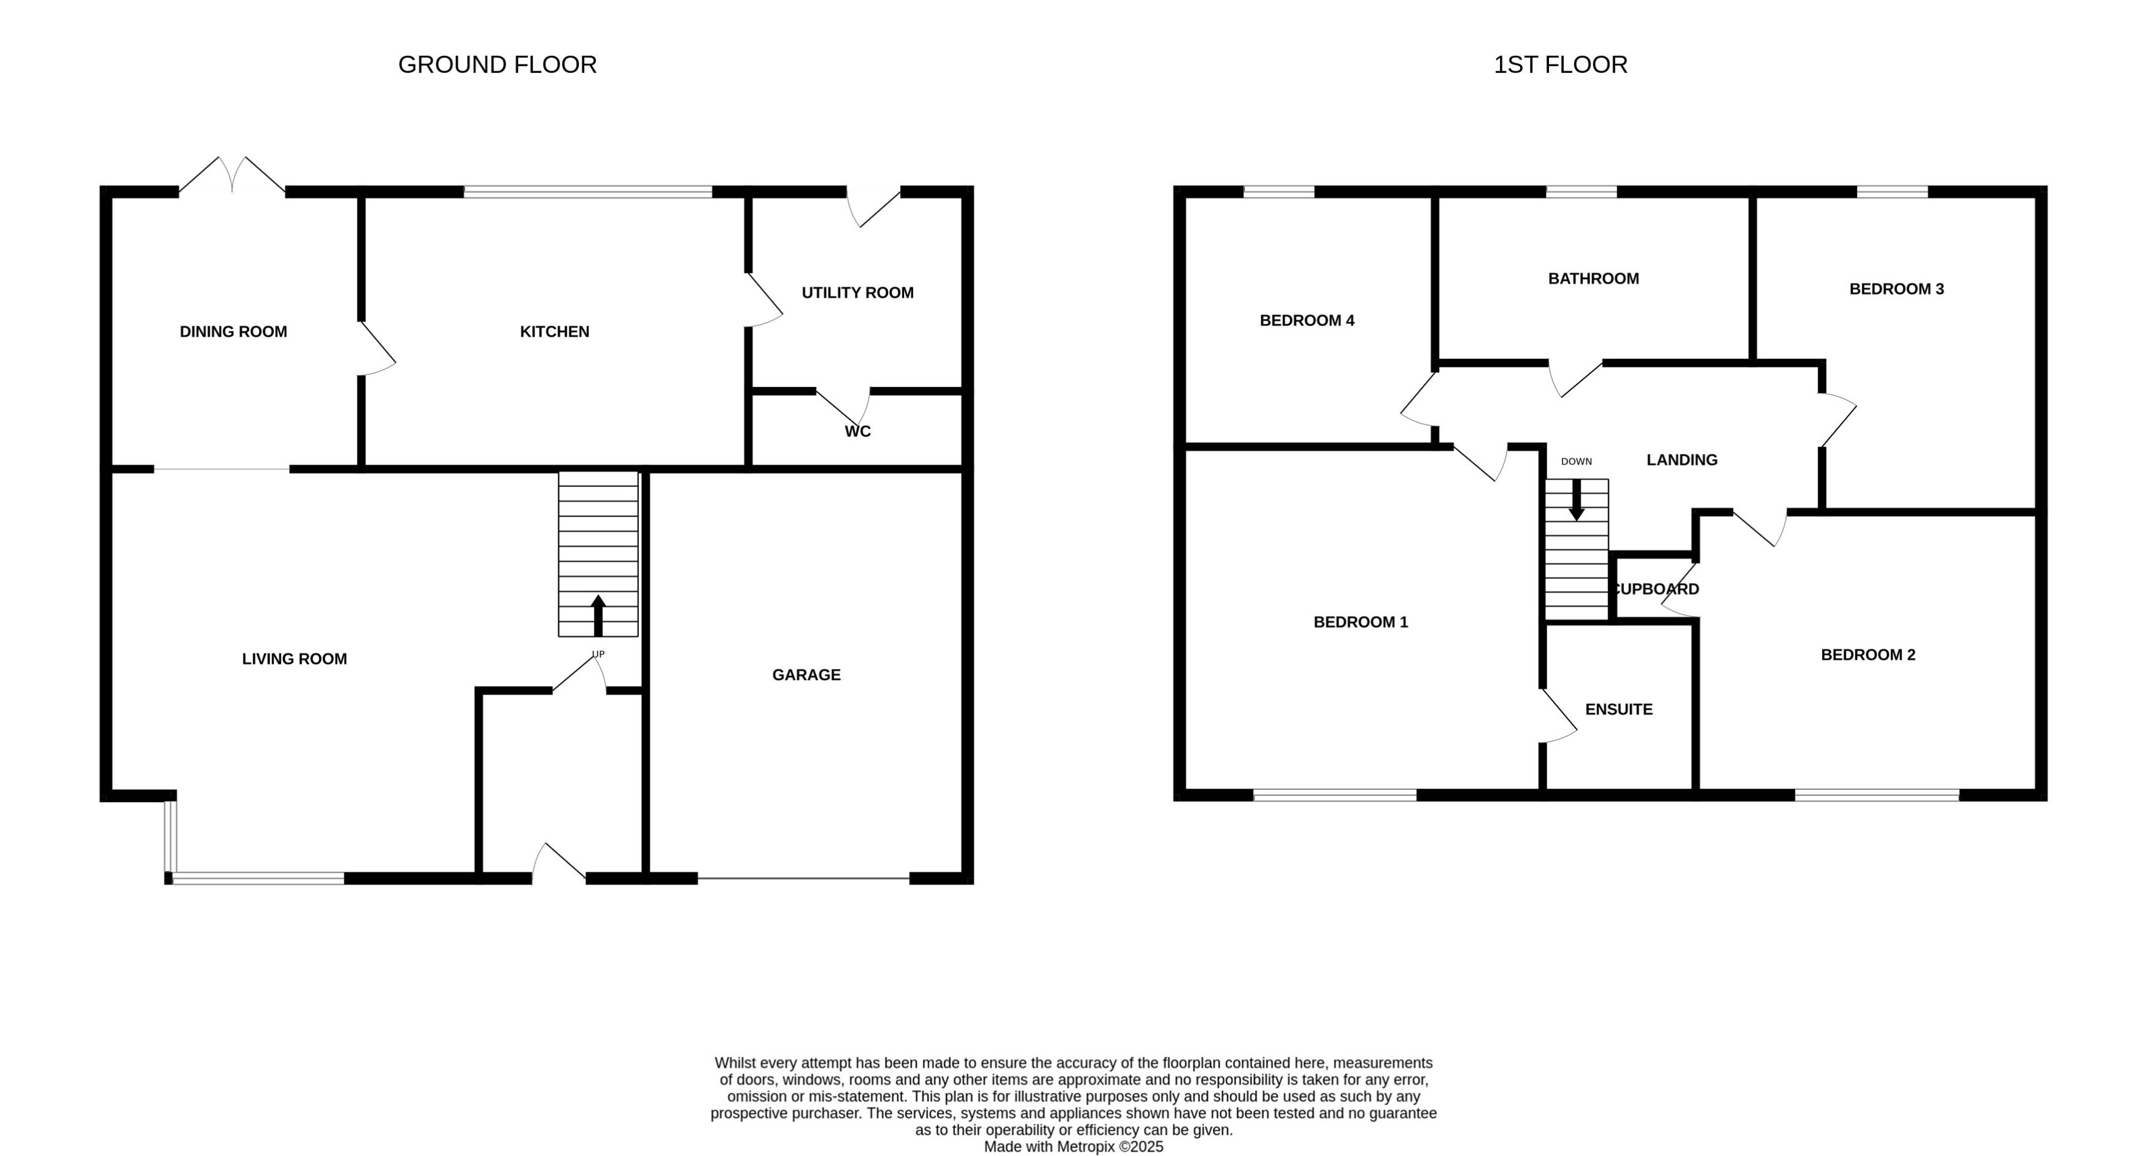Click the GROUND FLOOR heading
pos(497,65)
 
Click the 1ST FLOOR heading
pos(1559,65)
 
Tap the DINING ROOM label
pos(233,332)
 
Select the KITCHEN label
pos(555,332)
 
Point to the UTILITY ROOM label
pos(857,293)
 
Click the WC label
pos(857,432)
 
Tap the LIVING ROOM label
pos(295,659)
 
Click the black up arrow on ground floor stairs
pos(598,615)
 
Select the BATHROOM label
pos(1593,278)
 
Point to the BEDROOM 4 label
pos(1307,321)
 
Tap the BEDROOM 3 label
pos(1896,289)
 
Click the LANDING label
pos(1682,460)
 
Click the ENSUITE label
pos(1618,710)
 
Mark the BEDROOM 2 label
pos(1868,655)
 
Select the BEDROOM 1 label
pos(1360,622)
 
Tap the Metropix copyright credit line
pos(1073,1147)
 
